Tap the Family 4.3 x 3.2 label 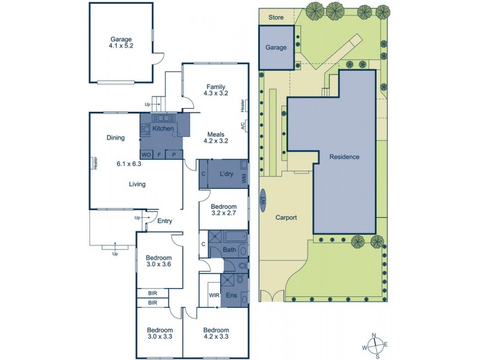coord(215,90)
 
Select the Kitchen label coord(163,128)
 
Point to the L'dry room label coord(226,174)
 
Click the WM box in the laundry coord(244,178)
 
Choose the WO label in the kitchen coord(145,154)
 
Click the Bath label coord(229,250)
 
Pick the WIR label coord(214,295)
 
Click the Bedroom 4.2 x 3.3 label coord(215,334)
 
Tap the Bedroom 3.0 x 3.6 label coord(159,262)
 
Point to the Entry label coord(164,221)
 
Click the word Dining coord(115,137)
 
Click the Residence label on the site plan coord(344,157)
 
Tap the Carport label coord(286,217)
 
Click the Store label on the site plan coord(275,17)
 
